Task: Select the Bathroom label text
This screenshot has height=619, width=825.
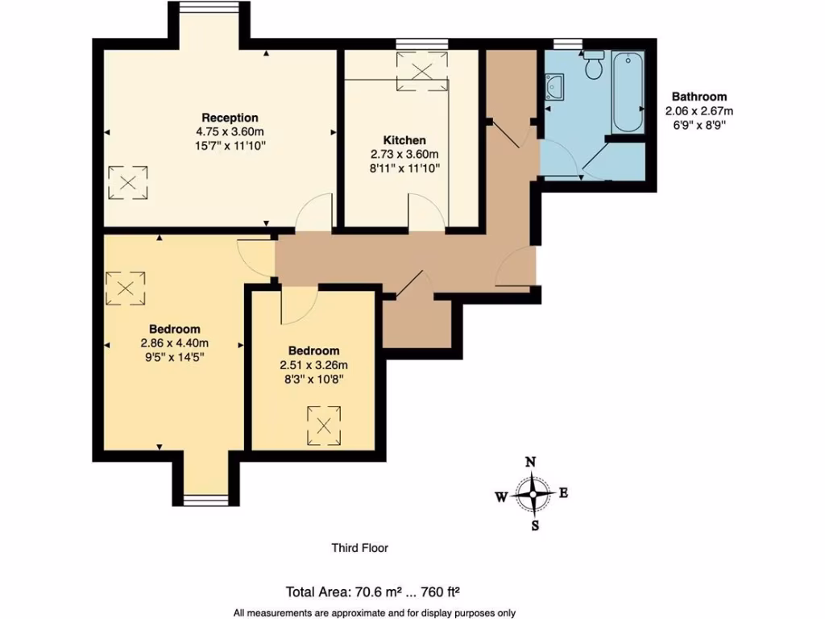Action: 699,97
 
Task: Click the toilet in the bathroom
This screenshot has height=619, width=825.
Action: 595,65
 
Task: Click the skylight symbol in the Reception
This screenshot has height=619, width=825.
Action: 128,181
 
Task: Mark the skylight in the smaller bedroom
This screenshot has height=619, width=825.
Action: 325,424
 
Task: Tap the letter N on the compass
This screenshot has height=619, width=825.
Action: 531,463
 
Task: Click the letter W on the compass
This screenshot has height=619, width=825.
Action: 501,497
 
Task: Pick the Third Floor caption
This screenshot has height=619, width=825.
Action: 360,548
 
